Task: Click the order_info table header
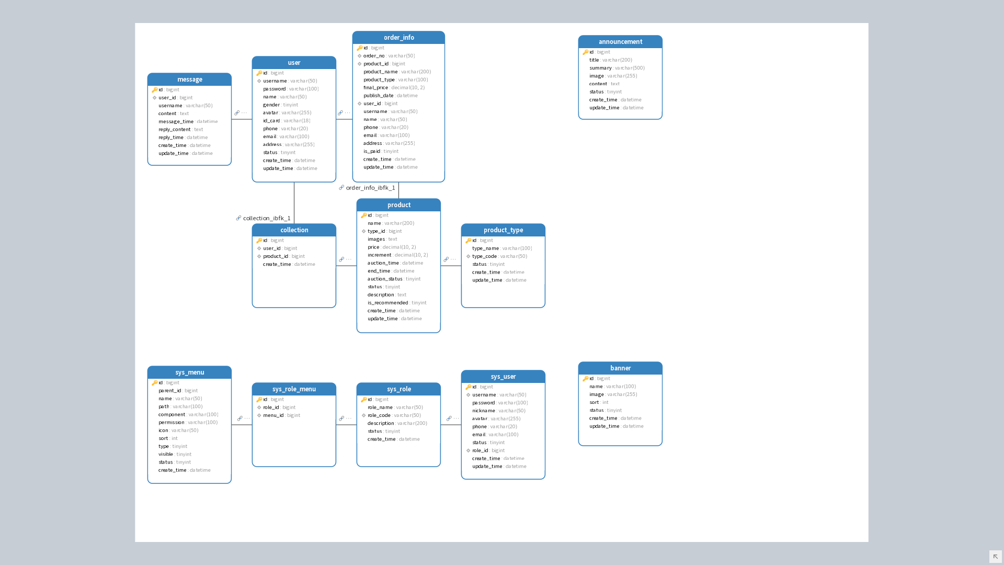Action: (x=398, y=38)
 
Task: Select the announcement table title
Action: (x=620, y=42)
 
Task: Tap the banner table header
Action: (x=620, y=368)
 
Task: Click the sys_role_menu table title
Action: (x=294, y=389)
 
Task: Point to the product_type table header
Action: (x=503, y=230)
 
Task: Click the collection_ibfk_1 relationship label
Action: (x=267, y=218)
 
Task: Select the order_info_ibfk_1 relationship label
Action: (x=370, y=188)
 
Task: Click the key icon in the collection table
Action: (x=259, y=241)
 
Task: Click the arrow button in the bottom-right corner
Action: (x=995, y=556)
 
